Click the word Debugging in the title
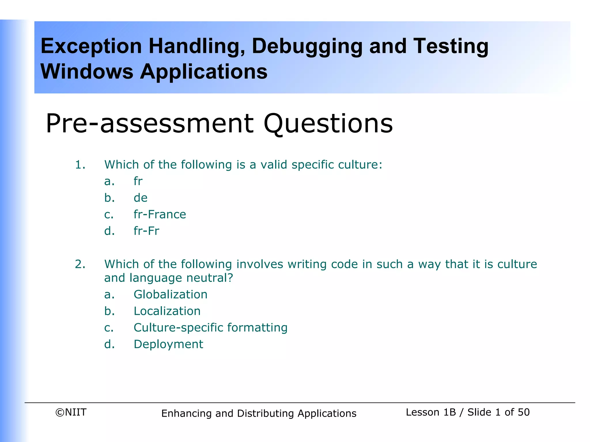click(307, 47)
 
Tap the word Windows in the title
click(87, 71)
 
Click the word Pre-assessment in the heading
click(150, 123)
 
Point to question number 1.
click(80, 165)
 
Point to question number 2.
click(80, 264)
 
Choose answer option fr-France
click(160, 214)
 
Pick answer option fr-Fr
click(146, 231)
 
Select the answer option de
click(141, 198)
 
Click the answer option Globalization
click(170, 294)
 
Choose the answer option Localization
click(167, 311)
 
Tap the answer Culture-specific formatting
click(210, 327)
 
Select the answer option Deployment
click(168, 344)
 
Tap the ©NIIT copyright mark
click(71, 412)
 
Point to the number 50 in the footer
click(523, 412)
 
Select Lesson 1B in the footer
click(431, 412)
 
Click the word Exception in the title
click(91, 47)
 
